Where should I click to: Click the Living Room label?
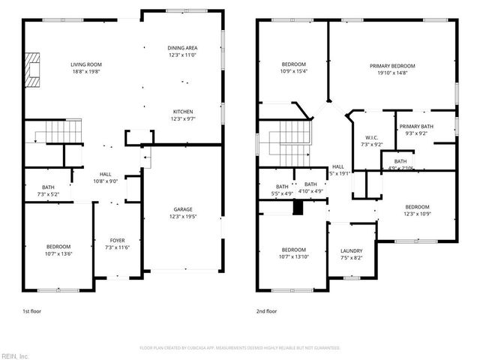coord(86,65)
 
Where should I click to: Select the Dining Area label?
coord(182,49)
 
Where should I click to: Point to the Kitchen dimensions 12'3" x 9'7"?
coord(183,118)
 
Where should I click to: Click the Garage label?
coord(183,211)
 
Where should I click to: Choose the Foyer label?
coord(118,241)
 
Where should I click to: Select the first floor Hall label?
coord(105,174)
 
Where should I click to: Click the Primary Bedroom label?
coord(392,66)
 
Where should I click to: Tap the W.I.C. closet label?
coord(371,137)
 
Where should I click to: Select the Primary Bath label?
coord(415,127)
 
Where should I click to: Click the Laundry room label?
coord(351,251)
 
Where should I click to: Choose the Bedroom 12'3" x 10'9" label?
coord(418,207)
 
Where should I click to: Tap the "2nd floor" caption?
coord(267,310)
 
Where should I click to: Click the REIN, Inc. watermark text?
coord(15,355)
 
